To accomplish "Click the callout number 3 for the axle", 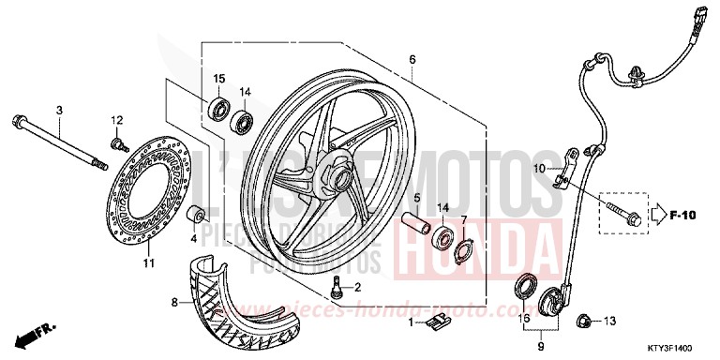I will [58, 111].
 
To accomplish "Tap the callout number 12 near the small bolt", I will [117, 120].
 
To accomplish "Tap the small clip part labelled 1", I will [432, 323].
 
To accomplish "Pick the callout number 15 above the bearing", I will [218, 77].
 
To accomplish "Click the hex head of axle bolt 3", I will [20, 120].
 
